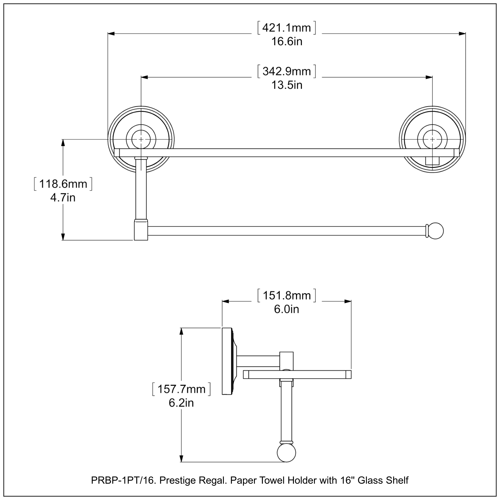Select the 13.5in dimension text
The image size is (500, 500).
pos(286,85)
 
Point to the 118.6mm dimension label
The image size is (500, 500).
pos(63,184)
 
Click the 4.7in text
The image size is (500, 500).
pos(63,198)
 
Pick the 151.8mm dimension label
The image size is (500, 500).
pos(286,295)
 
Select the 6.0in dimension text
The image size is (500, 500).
pos(286,309)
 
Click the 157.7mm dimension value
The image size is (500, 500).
pos(181,389)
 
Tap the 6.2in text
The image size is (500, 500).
pos(181,403)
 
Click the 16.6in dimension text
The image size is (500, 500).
pos(286,42)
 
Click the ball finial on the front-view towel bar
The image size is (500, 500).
pos(436,231)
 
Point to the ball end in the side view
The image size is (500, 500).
pos(286,453)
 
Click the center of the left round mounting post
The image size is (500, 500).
pos(141,139)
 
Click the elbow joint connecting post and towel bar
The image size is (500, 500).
pos(141,230)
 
